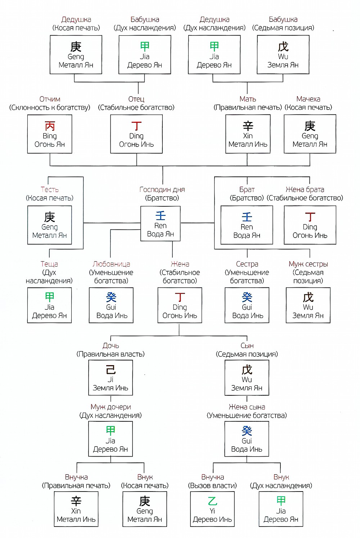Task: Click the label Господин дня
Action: (162, 190)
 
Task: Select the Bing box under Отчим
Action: (50, 134)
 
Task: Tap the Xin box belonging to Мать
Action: (248, 134)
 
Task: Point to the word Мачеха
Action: (308, 99)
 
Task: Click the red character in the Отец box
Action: (136, 126)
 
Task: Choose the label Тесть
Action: (49, 189)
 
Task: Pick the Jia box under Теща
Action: (49, 305)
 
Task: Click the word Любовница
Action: (111, 264)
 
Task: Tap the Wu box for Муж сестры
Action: (308, 305)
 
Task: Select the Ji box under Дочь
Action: (111, 378)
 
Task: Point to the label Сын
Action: (247, 346)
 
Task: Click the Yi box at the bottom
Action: (212, 509)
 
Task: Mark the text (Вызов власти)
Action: (212, 486)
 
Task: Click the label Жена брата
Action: (305, 189)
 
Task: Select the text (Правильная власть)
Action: (111, 354)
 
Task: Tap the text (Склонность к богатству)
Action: (50, 108)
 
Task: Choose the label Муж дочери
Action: (111, 407)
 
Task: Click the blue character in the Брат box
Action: (247, 217)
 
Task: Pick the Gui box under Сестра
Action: (247, 305)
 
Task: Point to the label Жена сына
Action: (247, 407)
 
